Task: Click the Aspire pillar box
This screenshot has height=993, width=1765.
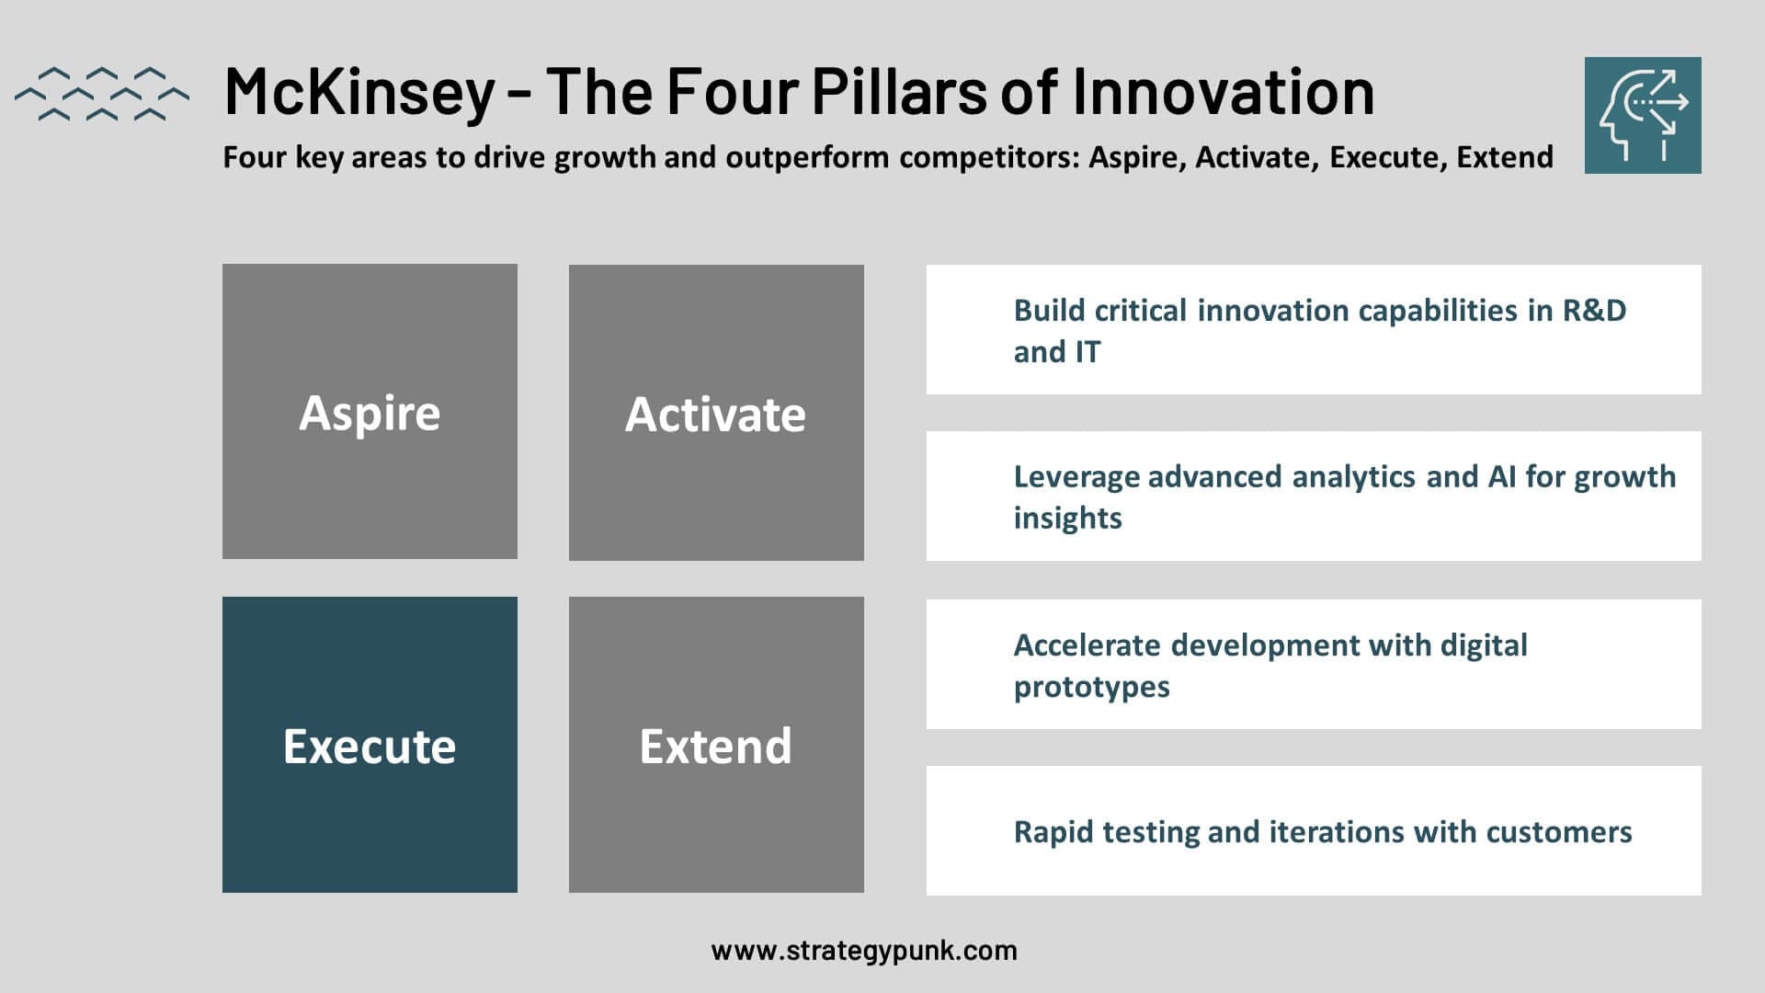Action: (370, 411)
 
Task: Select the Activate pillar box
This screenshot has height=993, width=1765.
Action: (716, 413)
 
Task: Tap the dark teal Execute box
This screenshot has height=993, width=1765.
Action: (370, 745)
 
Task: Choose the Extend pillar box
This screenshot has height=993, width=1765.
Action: (716, 745)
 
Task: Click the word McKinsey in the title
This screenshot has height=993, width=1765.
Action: (359, 93)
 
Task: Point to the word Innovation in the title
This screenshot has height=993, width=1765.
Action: (1223, 91)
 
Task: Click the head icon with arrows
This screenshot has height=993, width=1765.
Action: (1643, 115)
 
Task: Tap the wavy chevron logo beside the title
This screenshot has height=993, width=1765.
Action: (102, 94)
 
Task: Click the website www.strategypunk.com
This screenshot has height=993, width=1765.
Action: (864, 951)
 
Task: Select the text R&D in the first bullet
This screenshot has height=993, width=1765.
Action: (1595, 311)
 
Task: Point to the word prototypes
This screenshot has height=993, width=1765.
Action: (1091, 688)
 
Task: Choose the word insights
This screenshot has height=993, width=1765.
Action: (1067, 519)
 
